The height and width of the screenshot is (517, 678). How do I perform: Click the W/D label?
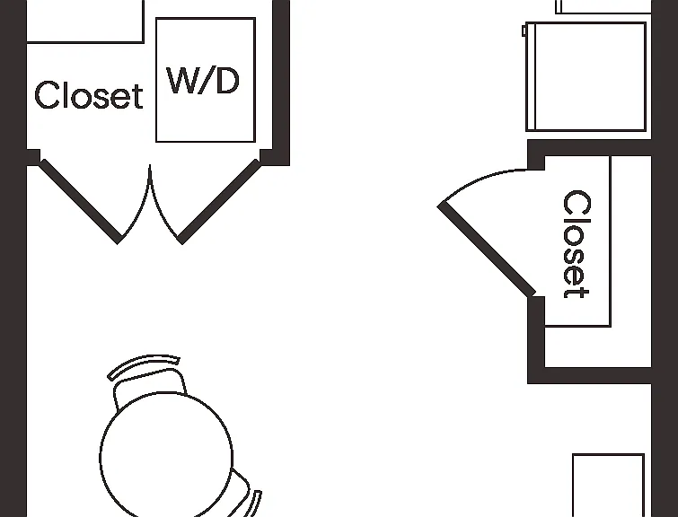203,81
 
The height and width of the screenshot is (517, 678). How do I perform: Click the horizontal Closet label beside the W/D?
89,94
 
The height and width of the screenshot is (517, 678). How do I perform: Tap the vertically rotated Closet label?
577,244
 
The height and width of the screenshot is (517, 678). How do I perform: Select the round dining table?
166,456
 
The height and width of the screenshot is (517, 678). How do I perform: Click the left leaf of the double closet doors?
80,201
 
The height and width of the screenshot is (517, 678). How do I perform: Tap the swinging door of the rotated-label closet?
487,250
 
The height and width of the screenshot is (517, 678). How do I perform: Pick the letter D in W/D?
227,81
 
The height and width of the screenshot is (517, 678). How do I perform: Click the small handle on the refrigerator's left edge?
524,31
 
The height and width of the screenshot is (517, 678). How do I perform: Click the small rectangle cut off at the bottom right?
608,485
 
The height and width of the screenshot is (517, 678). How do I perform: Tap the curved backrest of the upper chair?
144,364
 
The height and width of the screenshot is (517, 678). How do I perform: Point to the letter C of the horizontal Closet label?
47,94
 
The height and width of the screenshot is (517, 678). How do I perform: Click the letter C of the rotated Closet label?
577,202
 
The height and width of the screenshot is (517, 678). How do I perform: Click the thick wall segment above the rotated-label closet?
589,148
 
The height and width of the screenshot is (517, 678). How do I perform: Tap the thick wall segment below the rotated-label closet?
589,375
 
